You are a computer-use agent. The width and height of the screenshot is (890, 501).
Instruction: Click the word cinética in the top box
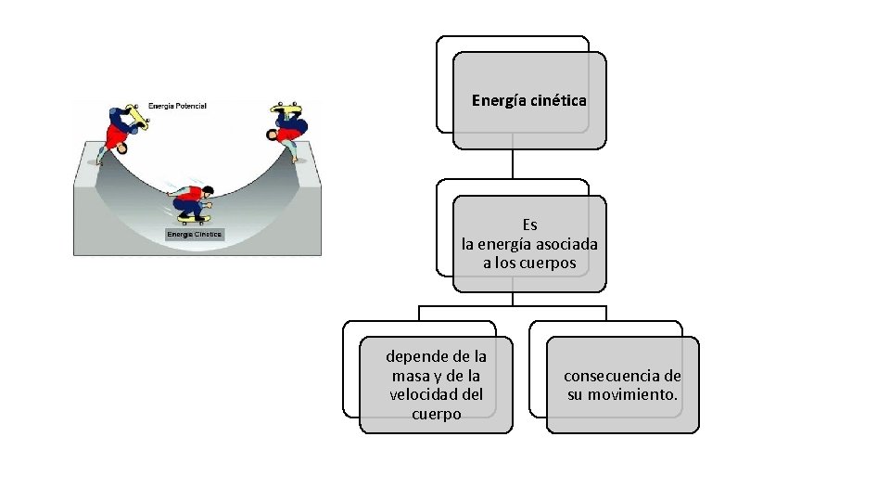(558, 100)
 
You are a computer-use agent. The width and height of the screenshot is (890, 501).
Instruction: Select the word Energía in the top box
(500, 100)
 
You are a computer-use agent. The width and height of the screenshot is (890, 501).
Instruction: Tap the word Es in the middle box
(529, 225)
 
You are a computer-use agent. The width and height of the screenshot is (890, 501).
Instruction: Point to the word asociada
(567, 244)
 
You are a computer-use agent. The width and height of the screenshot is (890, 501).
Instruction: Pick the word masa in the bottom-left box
(411, 376)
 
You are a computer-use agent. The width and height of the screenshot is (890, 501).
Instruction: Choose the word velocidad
(426, 395)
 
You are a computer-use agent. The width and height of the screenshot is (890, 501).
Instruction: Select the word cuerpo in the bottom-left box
(436, 415)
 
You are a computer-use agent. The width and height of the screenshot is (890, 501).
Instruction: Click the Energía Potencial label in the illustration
(178, 106)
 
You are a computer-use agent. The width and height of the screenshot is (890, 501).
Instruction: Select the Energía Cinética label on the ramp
(194, 235)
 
